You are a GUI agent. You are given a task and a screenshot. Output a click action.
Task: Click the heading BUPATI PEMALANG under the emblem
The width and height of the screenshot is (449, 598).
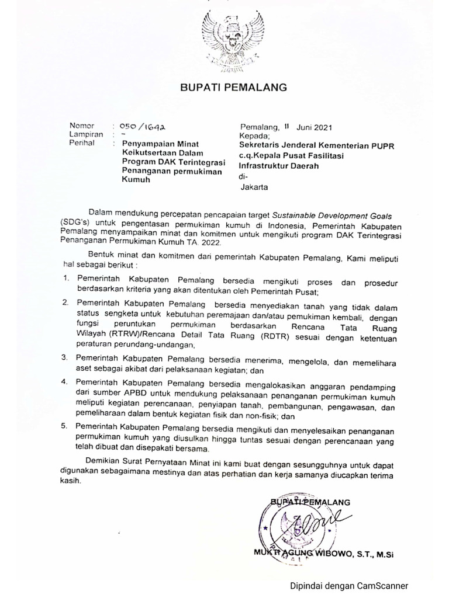[x=224, y=88]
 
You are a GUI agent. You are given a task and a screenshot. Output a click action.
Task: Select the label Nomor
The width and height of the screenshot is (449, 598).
[x=82, y=126]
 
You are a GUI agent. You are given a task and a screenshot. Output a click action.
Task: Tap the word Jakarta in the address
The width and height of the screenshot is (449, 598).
[x=255, y=188]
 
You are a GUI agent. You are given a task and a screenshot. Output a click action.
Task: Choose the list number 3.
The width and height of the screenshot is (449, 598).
[x=67, y=358]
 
